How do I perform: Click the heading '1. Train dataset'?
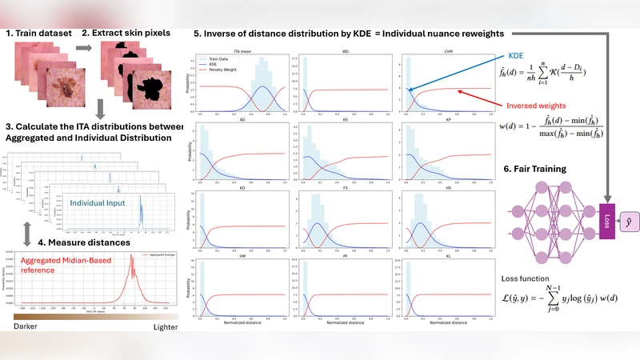point(38,34)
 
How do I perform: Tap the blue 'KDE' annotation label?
point(523,58)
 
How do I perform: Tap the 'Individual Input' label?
point(105,181)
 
